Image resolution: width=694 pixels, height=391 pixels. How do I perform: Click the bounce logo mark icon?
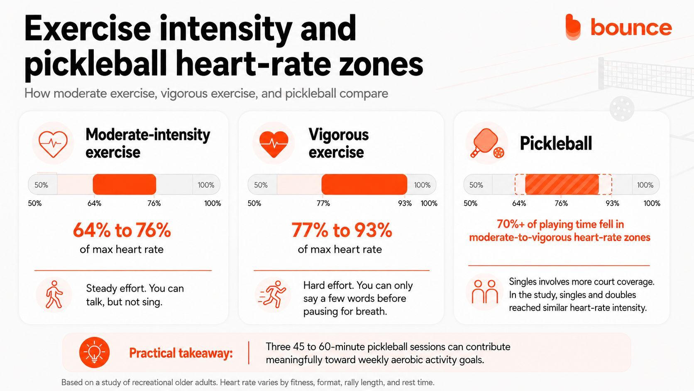573,27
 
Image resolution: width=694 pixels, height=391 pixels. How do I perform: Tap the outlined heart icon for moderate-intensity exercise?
53,144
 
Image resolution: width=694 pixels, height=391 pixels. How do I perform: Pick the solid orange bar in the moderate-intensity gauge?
125,184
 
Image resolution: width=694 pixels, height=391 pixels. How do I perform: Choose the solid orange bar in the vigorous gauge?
364,184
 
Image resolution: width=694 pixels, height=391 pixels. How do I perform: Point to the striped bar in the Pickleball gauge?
562,184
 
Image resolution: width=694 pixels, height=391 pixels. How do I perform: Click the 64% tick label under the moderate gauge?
94,204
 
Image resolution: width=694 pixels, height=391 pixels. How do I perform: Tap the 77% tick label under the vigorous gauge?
323,204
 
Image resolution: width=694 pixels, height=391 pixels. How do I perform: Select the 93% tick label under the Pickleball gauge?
612,204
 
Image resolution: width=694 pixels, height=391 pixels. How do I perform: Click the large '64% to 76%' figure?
122,230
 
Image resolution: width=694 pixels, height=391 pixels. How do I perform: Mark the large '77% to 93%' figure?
342,230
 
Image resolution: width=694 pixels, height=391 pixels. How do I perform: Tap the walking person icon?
54,294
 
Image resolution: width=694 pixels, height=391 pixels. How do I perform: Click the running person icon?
272,294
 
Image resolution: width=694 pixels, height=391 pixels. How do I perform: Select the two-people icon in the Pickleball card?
485,292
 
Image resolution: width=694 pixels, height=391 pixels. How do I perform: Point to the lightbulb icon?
95,352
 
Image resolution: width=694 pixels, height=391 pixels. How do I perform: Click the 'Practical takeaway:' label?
181,353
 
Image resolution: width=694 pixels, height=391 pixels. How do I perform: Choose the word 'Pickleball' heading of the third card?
556,143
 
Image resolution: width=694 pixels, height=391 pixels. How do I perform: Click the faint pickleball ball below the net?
622,108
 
